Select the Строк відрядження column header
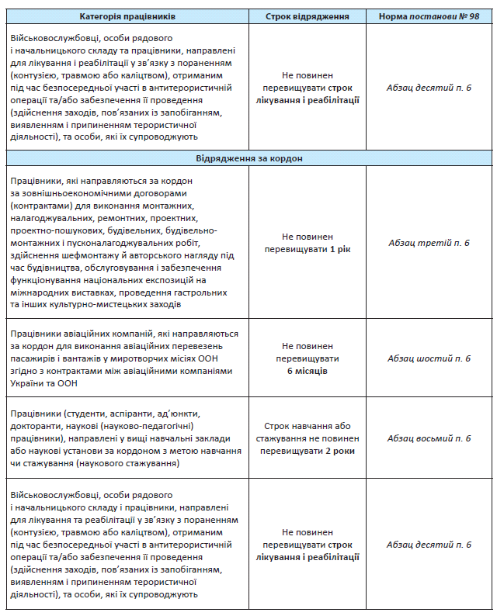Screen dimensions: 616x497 pos(308,16)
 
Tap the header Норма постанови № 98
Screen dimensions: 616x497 pos(429,16)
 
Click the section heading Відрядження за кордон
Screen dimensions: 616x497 pos(249,157)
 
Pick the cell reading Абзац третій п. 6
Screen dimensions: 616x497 pos(429,243)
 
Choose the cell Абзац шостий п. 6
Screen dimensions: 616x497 pos(429,358)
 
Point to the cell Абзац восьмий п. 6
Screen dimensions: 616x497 pos(429,438)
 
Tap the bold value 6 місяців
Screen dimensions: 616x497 pos(308,372)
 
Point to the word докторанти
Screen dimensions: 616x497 pos(37,426)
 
